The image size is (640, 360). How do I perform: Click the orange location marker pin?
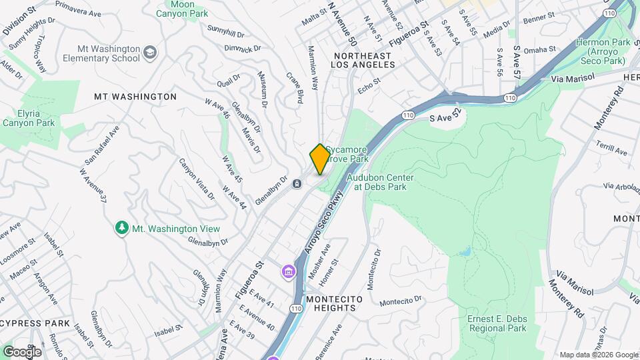(320, 159)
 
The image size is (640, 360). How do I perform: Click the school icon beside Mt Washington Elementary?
(151, 51)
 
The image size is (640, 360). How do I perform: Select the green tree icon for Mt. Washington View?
(121, 229)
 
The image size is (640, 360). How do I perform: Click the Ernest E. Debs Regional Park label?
(497, 323)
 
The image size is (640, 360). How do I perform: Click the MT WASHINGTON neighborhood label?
(135, 97)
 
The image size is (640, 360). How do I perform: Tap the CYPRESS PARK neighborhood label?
(35, 323)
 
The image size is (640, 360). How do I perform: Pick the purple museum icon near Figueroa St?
(288, 271)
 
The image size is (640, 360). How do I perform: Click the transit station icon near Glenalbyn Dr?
(297, 184)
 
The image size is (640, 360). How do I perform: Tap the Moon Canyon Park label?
(182, 9)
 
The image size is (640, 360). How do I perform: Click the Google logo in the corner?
(22, 351)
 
